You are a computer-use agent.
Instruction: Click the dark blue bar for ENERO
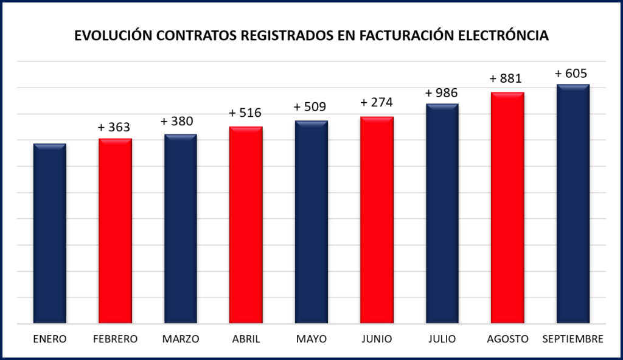50,234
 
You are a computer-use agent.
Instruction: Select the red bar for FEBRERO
115,231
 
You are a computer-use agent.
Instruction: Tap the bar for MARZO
180,229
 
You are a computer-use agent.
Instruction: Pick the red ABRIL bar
246,225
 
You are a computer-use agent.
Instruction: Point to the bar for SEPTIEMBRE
573,204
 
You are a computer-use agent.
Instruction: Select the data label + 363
114,127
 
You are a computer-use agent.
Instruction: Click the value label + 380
177,122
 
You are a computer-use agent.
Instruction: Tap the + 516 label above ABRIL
245,113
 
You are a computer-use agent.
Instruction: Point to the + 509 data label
310,107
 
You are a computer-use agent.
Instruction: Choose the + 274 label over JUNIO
377,102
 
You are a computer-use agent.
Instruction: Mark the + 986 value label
441,93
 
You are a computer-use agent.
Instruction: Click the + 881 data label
506,79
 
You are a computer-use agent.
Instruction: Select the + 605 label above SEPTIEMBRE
571,74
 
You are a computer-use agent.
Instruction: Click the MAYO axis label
311,339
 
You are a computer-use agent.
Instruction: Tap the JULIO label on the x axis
442,339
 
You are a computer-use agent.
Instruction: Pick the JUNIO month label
377,339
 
